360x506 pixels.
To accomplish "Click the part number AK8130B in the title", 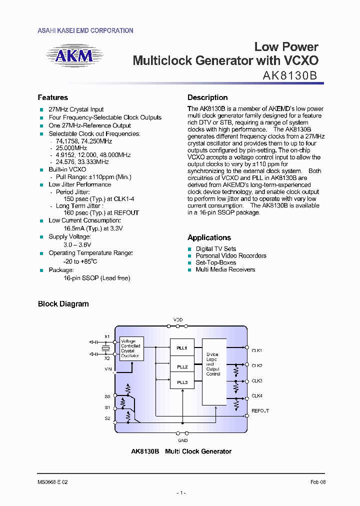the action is pyautogui.click(x=290, y=75).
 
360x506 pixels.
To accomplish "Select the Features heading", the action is pyautogui.click(x=52, y=97).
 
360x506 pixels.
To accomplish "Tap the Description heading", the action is pyautogui.click(x=207, y=97).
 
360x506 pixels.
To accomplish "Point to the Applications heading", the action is pyautogui.click(x=209, y=237).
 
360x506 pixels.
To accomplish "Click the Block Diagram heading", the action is pyautogui.click(x=63, y=303).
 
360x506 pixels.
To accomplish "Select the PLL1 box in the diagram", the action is pyautogui.click(x=182, y=347).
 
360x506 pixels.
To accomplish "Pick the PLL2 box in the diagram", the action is pyautogui.click(x=182, y=366).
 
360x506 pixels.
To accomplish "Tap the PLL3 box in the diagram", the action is pyautogui.click(x=182, y=382).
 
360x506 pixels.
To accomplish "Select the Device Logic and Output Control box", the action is pyautogui.click(x=213, y=364).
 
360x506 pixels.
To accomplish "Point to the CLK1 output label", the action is pyautogui.click(x=257, y=350).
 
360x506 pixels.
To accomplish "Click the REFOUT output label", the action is pyautogui.click(x=260, y=410).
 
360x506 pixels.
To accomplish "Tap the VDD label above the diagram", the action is pyautogui.click(x=178, y=319).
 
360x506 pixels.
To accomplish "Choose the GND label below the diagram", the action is pyautogui.click(x=183, y=440).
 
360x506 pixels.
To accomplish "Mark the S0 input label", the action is pyautogui.click(x=107, y=396).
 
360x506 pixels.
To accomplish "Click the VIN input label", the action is pyautogui.click(x=107, y=369).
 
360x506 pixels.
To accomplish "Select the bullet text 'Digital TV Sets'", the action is pyautogui.click(x=215, y=248).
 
